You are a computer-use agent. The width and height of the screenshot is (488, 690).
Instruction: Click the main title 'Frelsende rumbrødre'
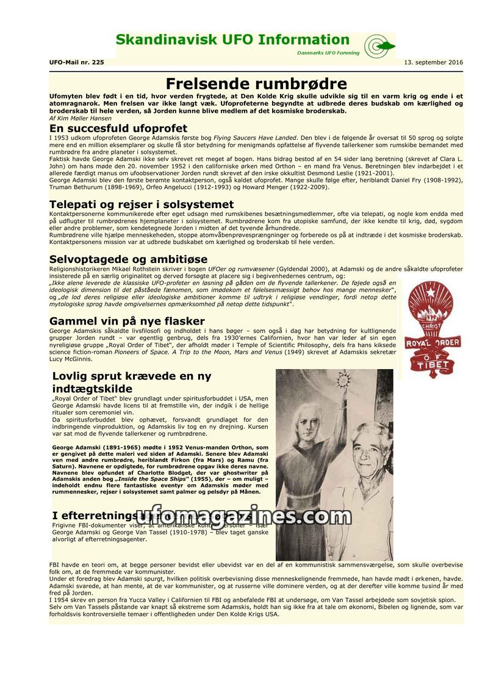(256, 84)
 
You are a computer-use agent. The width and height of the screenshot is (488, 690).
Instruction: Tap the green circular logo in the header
(379, 46)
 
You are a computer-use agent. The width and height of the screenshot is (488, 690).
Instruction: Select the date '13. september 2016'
(433, 62)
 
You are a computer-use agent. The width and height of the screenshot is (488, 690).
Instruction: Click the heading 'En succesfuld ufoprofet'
(118, 129)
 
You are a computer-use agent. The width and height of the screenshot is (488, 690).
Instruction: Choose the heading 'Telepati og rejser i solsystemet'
(142, 204)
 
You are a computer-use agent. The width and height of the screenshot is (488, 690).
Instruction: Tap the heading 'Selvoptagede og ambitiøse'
(128, 259)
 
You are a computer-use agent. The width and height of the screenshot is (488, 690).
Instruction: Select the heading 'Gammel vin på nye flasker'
(127, 321)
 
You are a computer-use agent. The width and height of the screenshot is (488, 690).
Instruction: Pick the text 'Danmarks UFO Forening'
(329, 53)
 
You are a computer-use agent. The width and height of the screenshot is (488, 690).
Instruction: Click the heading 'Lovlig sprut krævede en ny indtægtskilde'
(132, 383)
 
